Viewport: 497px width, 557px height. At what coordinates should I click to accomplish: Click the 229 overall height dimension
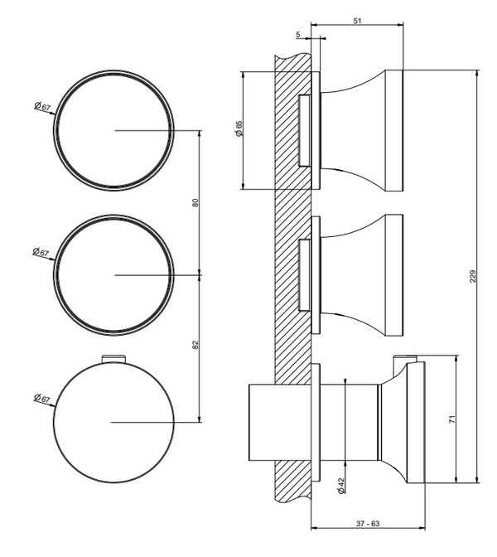coord(474,277)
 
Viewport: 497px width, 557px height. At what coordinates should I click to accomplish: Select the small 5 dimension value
coord(297,35)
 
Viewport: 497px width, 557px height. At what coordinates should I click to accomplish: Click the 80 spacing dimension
coord(195,202)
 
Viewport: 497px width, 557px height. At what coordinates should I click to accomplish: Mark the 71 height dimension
coord(452,419)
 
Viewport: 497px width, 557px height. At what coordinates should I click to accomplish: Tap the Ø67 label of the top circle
coord(41,106)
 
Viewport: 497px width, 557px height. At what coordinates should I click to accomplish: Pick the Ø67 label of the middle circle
coord(41,252)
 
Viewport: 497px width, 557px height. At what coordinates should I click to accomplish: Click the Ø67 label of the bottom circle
coord(41,399)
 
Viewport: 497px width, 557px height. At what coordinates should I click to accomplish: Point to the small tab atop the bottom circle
coord(113,359)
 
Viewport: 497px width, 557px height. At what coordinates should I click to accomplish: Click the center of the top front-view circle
coord(115,131)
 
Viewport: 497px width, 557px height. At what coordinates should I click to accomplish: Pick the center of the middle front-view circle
coord(115,274)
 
